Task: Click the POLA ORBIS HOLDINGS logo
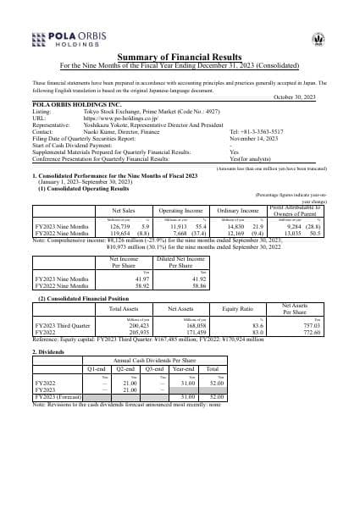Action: [x=64, y=39]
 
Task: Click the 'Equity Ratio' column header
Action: [x=235, y=309]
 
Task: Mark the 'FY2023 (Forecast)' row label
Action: [x=55, y=396]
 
